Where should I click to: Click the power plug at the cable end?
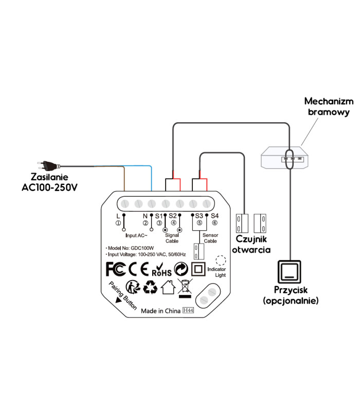50,164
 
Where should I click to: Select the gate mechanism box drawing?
286,157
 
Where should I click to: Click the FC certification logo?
115,269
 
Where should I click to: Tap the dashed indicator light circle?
221,261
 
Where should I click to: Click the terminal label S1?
158,216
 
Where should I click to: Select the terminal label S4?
214,216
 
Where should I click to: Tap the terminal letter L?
118,216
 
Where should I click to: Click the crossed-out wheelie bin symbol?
184,288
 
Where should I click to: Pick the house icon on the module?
168,287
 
